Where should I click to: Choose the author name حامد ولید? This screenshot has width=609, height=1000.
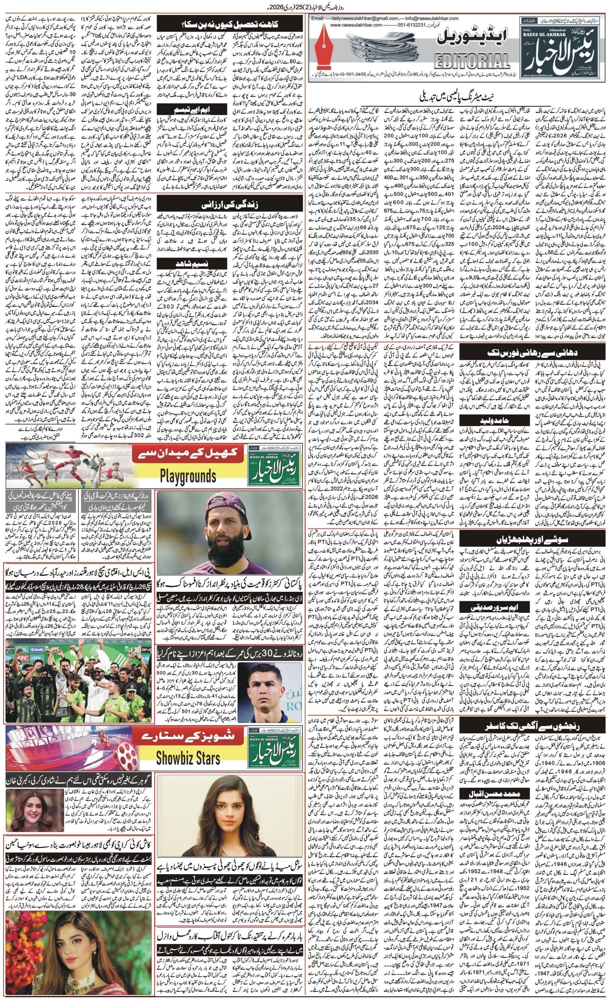(490, 409)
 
